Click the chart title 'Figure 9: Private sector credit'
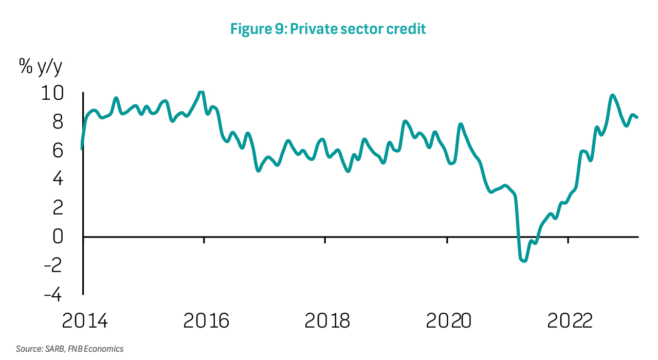(328, 29)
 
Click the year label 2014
(85, 321)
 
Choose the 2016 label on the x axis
(206, 321)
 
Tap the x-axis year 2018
(327, 321)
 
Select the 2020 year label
(449, 321)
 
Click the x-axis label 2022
(570, 321)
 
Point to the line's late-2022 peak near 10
(612, 96)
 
